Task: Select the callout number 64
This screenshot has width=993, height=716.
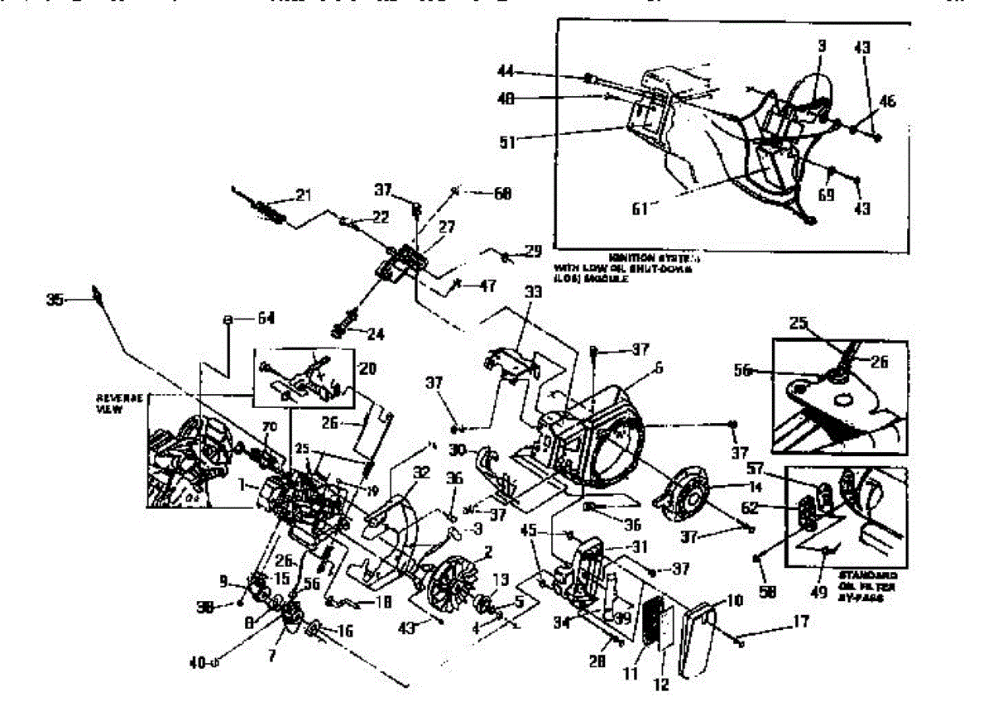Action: [x=266, y=318]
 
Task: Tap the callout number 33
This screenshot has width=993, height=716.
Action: [x=533, y=291]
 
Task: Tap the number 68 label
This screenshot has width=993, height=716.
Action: [x=502, y=194]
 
